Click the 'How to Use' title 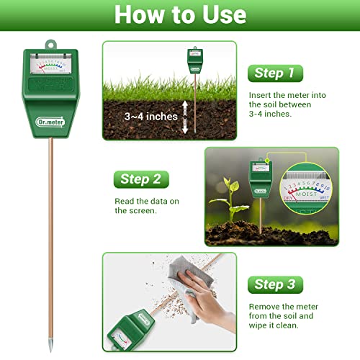click(180, 15)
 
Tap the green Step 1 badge click(274, 73)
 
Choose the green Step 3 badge click(274, 284)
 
